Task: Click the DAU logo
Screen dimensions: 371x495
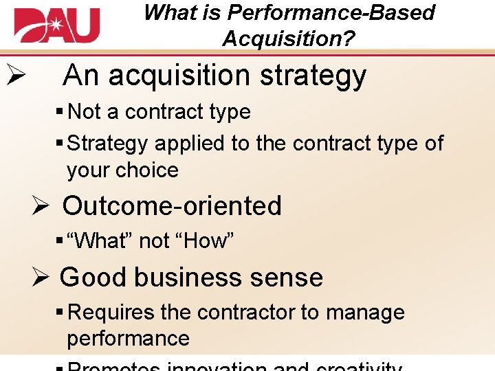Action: pyautogui.click(x=56, y=26)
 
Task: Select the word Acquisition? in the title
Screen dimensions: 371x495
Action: pyautogui.click(x=288, y=38)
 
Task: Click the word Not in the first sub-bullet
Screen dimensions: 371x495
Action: pyautogui.click(x=85, y=111)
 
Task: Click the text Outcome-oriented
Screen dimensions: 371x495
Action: pyautogui.click(x=172, y=205)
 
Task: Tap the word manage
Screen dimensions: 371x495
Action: pyautogui.click(x=365, y=313)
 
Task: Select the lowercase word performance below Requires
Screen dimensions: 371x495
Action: pyautogui.click(x=128, y=338)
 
